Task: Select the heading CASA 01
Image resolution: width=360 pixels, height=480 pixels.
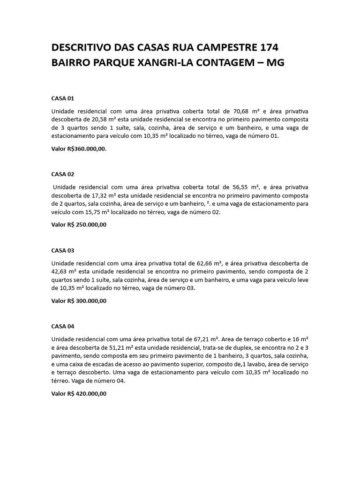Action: click(63, 98)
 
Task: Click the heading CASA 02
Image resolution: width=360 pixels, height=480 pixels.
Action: click(63, 174)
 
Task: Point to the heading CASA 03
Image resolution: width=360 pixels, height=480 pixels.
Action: click(63, 250)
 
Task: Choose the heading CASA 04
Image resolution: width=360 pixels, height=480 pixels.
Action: click(63, 326)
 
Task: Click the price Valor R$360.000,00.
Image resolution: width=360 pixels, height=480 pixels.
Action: click(79, 149)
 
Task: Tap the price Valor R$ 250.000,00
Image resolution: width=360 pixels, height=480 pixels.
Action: click(79, 225)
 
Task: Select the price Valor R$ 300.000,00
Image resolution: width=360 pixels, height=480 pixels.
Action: click(79, 300)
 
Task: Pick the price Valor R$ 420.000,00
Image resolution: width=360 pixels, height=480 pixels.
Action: click(79, 394)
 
